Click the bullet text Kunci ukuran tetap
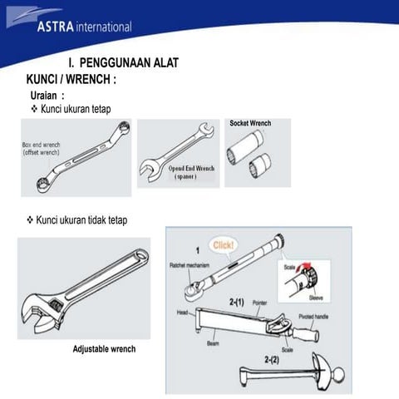76,109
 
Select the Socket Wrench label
250,124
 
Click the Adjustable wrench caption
105,348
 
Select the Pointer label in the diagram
260,305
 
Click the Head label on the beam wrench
182,313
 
